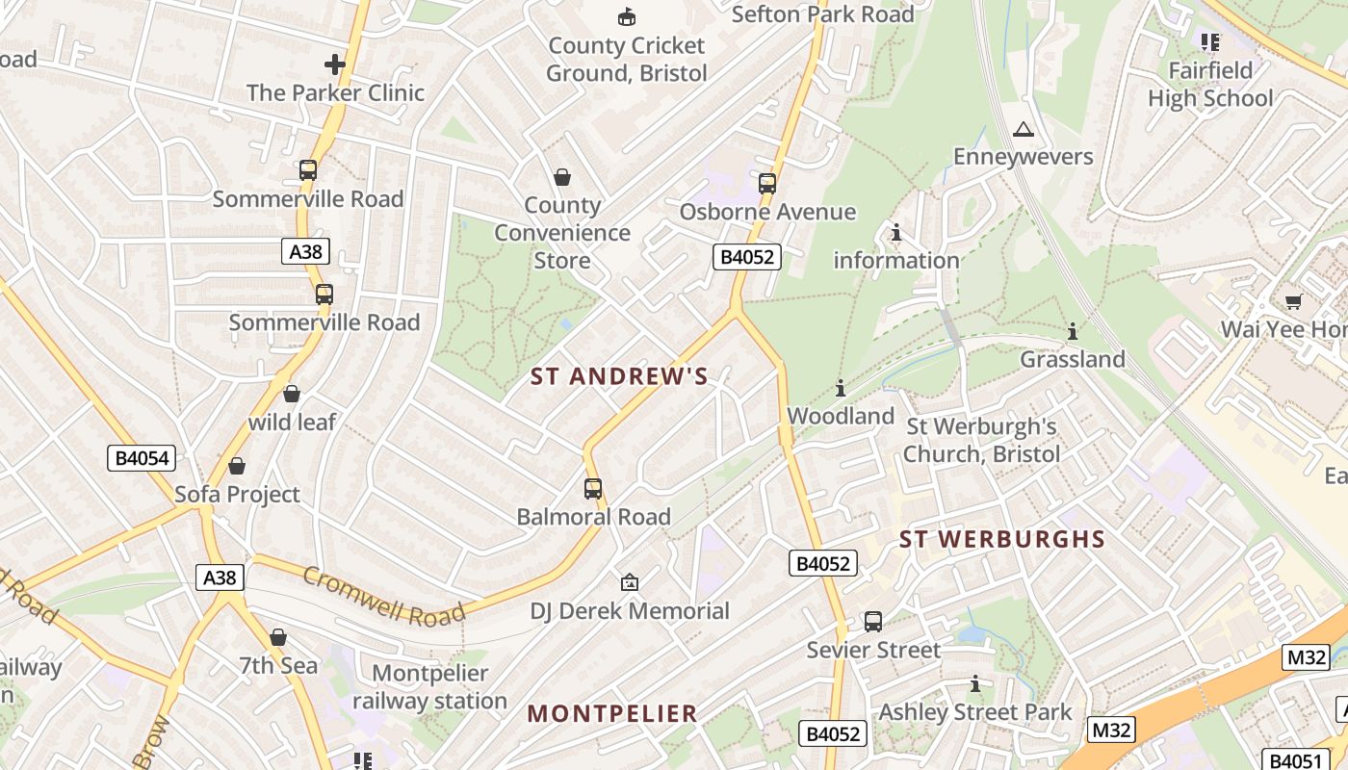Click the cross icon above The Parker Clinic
pos(334,64)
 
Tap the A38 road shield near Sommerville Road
pos(306,252)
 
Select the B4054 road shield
pos(142,458)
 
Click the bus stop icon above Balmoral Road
pos(593,489)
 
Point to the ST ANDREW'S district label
pos(619,377)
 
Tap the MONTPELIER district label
pos(612,714)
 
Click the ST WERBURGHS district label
pos(1002,540)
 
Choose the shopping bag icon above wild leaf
pos(292,395)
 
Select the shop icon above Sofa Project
pos(237,467)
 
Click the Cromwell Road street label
pos(384,595)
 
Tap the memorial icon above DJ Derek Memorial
pos(629,582)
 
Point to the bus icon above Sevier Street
pos(873,622)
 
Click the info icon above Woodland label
pos(841,388)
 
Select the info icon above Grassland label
pos(1072,332)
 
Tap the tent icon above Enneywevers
pos(1023,130)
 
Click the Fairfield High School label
pos(1210,85)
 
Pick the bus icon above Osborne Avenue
pos(767,184)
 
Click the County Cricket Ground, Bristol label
pos(627,60)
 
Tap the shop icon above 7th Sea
pos(278,637)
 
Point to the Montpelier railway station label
pos(429,687)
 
